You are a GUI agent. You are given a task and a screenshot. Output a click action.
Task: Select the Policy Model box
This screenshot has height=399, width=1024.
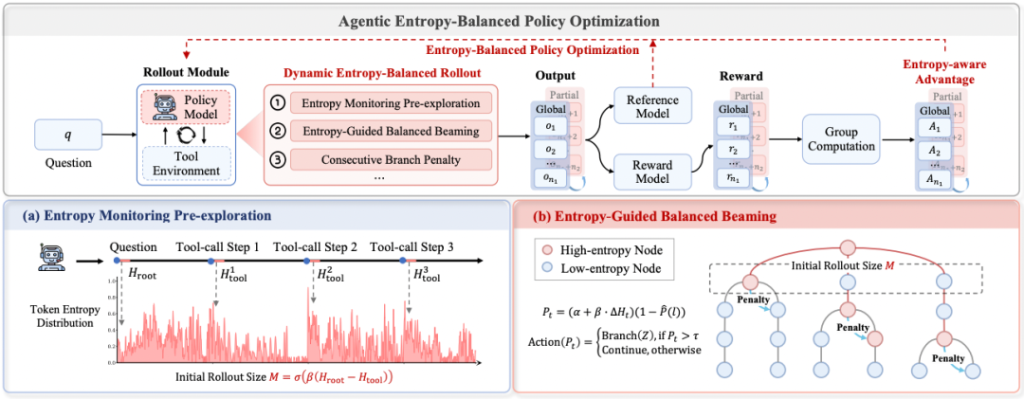185,106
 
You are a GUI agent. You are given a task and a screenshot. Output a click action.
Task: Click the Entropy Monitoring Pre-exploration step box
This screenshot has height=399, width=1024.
393,102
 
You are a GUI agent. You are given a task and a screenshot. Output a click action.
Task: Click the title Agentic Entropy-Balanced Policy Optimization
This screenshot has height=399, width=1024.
512,21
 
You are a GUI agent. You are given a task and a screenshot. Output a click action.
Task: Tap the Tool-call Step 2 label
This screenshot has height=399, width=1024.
315,247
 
